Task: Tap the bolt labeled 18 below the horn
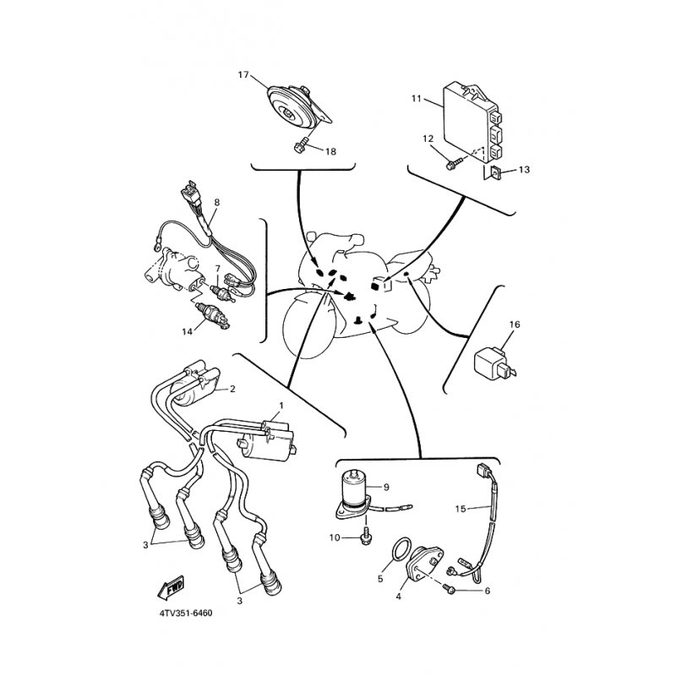pos(301,144)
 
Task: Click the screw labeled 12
pos(454,163)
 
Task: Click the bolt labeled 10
pos(365,535)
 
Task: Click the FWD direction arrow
pos(171,586)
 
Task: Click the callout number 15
pos(461,509)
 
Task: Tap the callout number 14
pos(187,331)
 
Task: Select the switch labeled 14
pos(213,315)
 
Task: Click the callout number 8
pos(217,202)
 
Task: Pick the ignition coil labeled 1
pos(267,442)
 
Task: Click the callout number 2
pos(232,389)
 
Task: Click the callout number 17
pos(243,75)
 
